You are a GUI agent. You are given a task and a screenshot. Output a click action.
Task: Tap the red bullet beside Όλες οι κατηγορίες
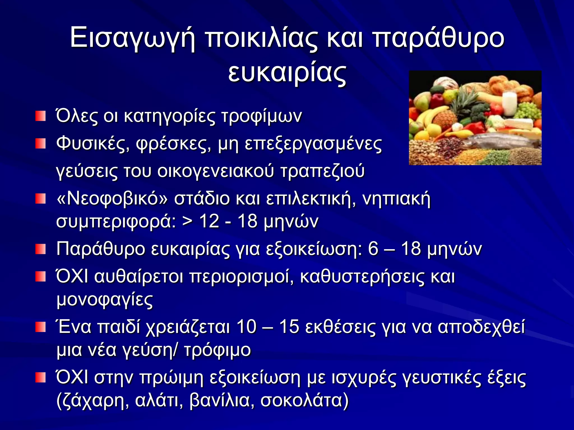click(x=40, y=116)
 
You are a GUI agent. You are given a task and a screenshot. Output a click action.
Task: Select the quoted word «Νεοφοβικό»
click(x=112, y=199)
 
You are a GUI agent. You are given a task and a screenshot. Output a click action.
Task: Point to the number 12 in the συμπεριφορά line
click(x=209, y=221)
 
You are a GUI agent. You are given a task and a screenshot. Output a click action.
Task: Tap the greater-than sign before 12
click(x=188, y=221)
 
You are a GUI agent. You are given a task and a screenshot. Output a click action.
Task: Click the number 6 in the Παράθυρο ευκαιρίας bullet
click(x=373, y=249)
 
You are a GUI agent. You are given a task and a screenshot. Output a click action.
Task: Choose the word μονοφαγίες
click(x=105, y=300)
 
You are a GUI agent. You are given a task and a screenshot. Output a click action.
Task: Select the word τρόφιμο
click(x=217, y=350)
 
